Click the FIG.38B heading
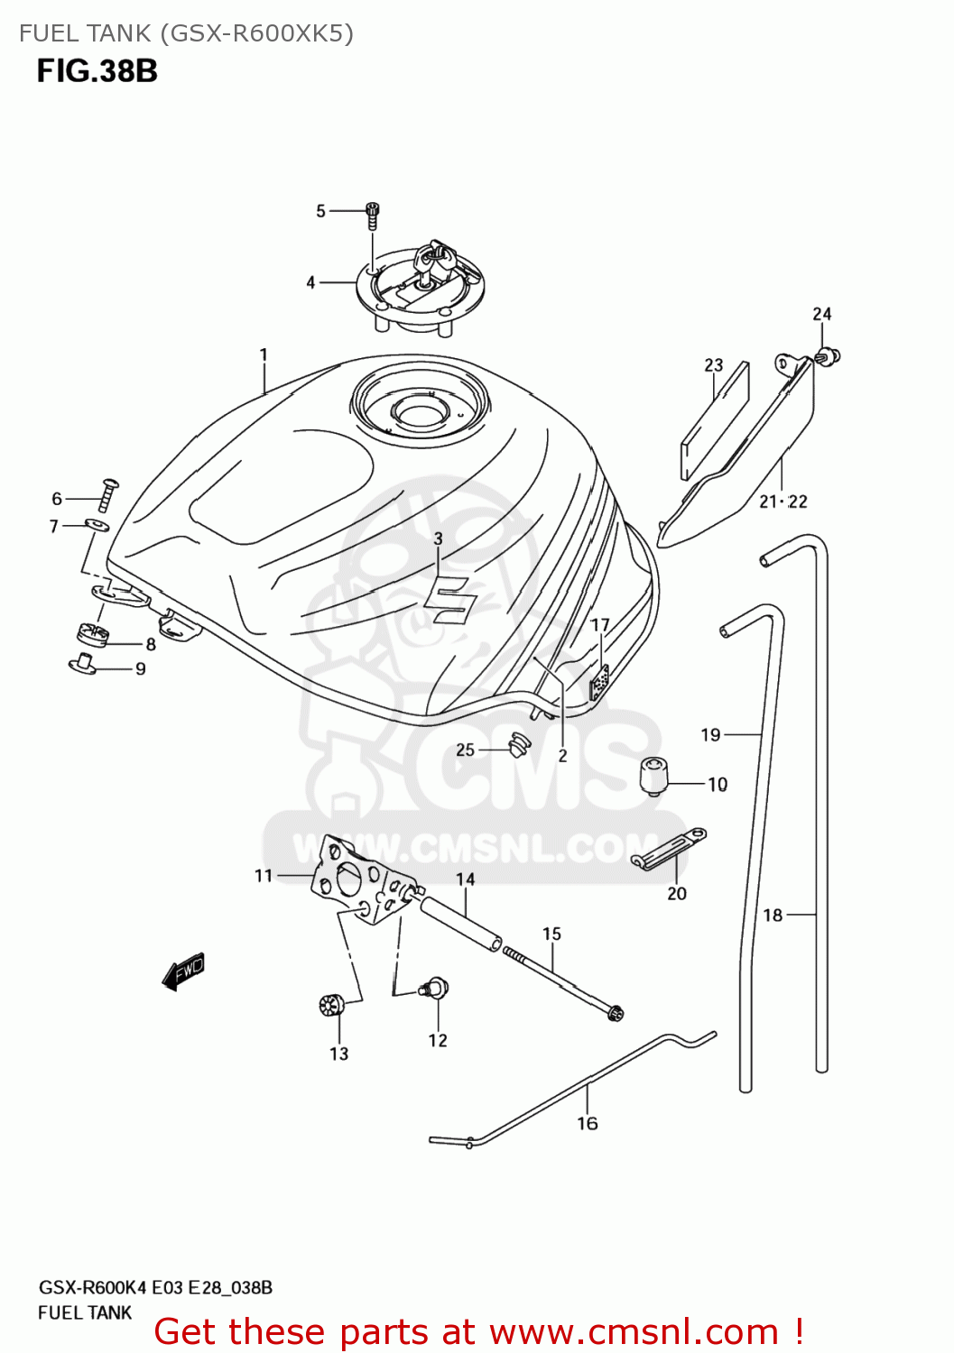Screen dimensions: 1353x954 pyautogui.click(x=97, y=70)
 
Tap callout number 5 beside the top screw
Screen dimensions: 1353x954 pyautogui.click(x=320, y=211)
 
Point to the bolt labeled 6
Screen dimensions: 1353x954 pyautogui.click(x=109, y=493)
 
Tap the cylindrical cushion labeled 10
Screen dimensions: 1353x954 pyautogui.click(x=653, y=776)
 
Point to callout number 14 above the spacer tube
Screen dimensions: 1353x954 pyautogui.click(x=465, y=879)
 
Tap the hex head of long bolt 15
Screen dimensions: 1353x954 pyautogui.click(x=616, y=1012)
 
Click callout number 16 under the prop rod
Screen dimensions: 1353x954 pyautogui.click(x=588, y=1123)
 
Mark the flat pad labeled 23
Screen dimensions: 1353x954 pyautogui.click(x=716, y=420)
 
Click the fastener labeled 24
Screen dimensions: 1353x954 pyautogui.click(x=829, y=356)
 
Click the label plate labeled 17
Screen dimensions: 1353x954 pyautogui.click(x=598, y=683)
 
